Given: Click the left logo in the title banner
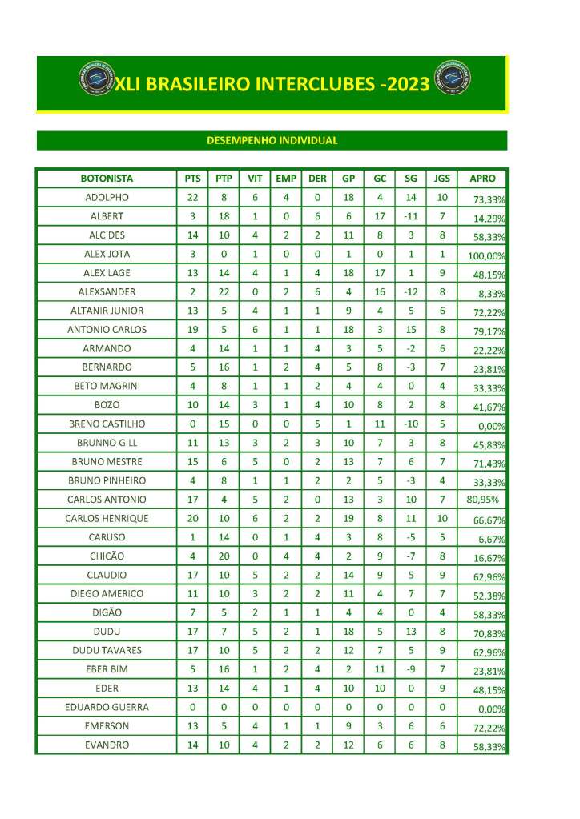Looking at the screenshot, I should click(96, 80).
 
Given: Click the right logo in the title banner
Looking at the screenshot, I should click(451, 80).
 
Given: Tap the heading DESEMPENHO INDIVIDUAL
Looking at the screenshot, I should click(272, 141).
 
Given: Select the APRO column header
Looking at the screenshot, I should click(482, 179).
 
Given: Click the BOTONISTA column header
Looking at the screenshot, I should click(107, 179).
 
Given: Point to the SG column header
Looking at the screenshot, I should click(411, 179).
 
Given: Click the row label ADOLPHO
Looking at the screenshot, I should click(107, 198).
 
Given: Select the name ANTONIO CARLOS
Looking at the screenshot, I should click(107, 330).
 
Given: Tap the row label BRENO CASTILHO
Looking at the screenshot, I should click(107, 424).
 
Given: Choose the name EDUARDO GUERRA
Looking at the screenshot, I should click(107, 708).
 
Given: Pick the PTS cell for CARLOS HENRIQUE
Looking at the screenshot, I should click(192, 519).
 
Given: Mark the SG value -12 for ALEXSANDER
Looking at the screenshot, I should click(411, 292).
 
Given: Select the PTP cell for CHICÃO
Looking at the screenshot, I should click(224, 556).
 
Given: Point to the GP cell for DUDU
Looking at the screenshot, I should click(348, 632).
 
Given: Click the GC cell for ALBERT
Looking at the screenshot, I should click(380, 216).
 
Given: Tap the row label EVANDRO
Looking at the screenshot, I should click(107, 745).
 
